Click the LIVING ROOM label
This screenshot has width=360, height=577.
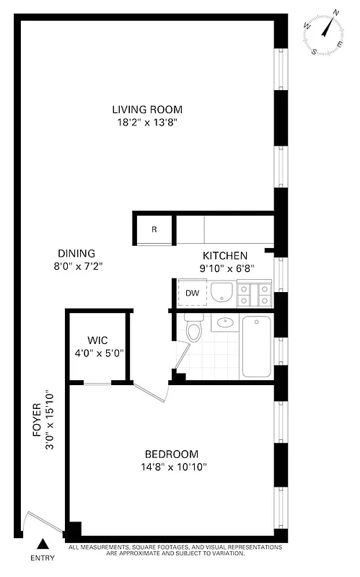(x=147, y=110)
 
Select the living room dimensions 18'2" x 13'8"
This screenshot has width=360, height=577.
(x=147, y=123)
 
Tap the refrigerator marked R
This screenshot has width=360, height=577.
(x=154, y=230)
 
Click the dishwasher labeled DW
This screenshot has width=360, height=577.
(x=192, y=293)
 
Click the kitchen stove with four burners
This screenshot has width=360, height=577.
(x=255, y=294)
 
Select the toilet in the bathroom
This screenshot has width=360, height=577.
(x=193, y=329)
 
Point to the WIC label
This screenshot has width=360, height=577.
(x=97, y=340)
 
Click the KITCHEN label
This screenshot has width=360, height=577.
(x=225, y=255)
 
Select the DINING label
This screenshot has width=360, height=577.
(x=76, y=253)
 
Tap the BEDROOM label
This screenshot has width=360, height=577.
(x=171, y=454)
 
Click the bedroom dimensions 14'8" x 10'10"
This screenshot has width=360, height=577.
(x=171, y=467)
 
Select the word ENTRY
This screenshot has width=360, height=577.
(x=43, y=558)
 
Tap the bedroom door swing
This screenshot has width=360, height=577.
(x=153, y=393)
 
